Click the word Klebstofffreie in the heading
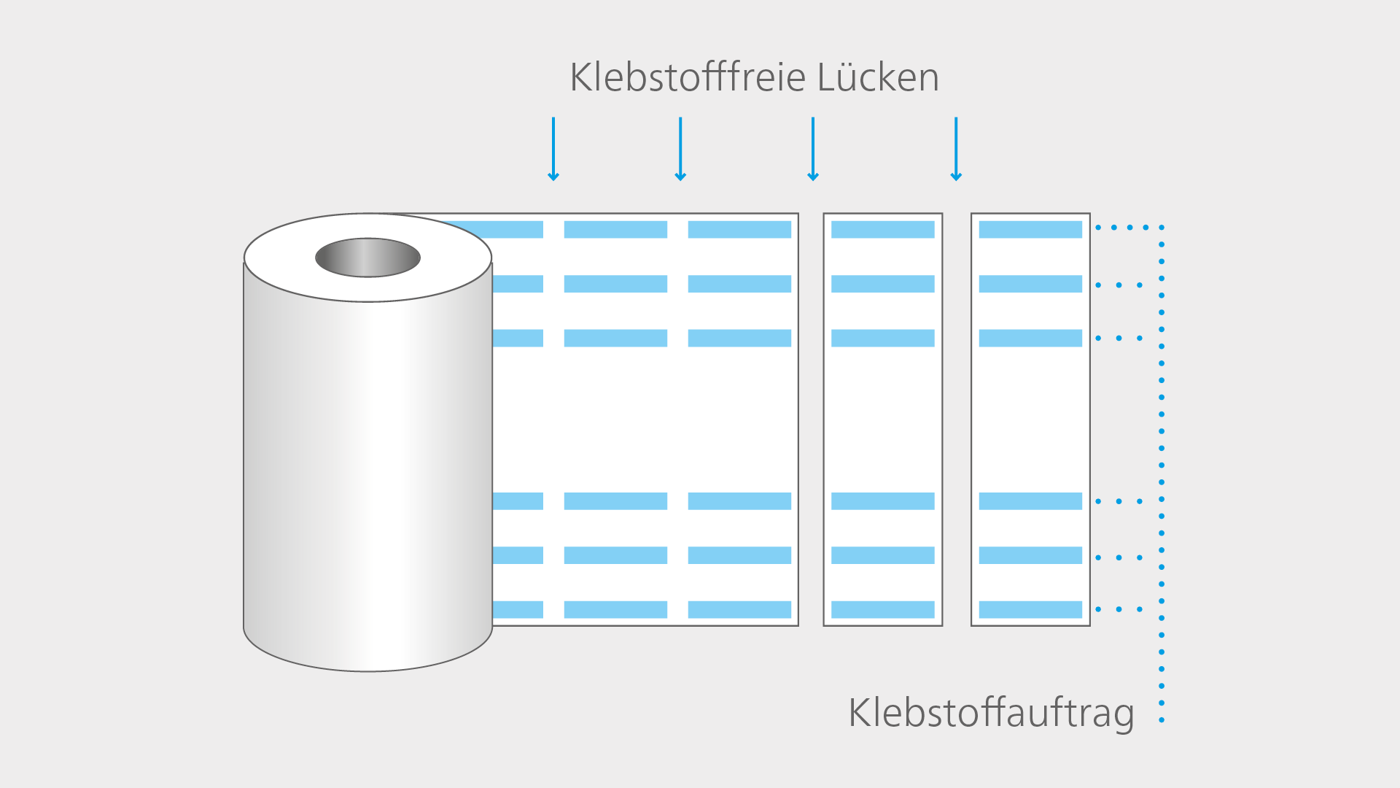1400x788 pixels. pyautogui.click(x=687, y=77)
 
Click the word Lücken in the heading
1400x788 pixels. pyautogui.click(x=878, y=77)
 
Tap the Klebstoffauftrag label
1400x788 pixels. pyautogui.click(x=991, y=712)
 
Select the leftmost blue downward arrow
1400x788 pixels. pyautogui.click(x=553, y=149)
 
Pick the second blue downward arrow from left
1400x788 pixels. pyautogui.click(x=680, y=149)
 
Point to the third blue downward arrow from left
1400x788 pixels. pyautogui.click(x=813, y=149)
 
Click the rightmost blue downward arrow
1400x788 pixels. pyautogui.click(x=956, y=149)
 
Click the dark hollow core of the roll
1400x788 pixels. pyautogui.click(x=367, y=258)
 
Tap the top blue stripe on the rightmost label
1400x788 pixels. pyautogui.click(x=1030, y=229)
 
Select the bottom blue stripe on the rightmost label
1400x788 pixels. pyautogui.click(x=1030, y=609)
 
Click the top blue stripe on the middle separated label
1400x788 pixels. pyautogui.click(x=882, y=229)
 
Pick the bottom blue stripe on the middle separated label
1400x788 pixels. pyautogui.click(x=882, y=609)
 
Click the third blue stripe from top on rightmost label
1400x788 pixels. pyautogui.click(x=1030, y=338)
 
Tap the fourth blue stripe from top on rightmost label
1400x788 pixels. pyautogui.click(x=1030, y=501)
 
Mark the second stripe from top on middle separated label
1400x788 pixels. pyautogui.click(x=882, y=284)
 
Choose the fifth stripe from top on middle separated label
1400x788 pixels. pyautogui.click(x=882, y=555)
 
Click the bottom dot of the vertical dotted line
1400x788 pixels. pyautogui.click(x=1162, y=720)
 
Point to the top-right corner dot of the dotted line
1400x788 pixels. pyautogui.click(x=1162, y=228)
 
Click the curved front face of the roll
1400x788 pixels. pyautogui.click(x=367, y=474)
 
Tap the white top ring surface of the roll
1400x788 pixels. pyautogui.click(x=452, y=263)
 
